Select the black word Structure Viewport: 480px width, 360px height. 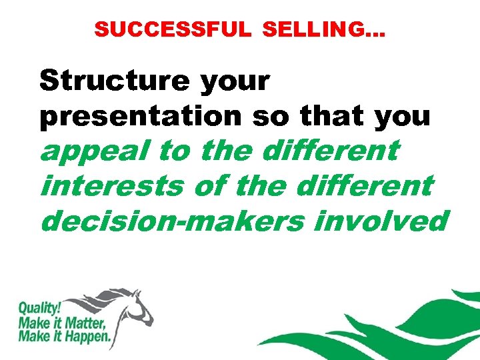(115, 81)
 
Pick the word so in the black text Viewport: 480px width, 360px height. (270, 116)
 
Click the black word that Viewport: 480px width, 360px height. (331, 116)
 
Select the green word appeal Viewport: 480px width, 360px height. (93, 151)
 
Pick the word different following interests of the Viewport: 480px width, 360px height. (367, 185)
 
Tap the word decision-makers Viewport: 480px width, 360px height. (170, 220)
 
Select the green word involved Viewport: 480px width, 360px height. (379, 220)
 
